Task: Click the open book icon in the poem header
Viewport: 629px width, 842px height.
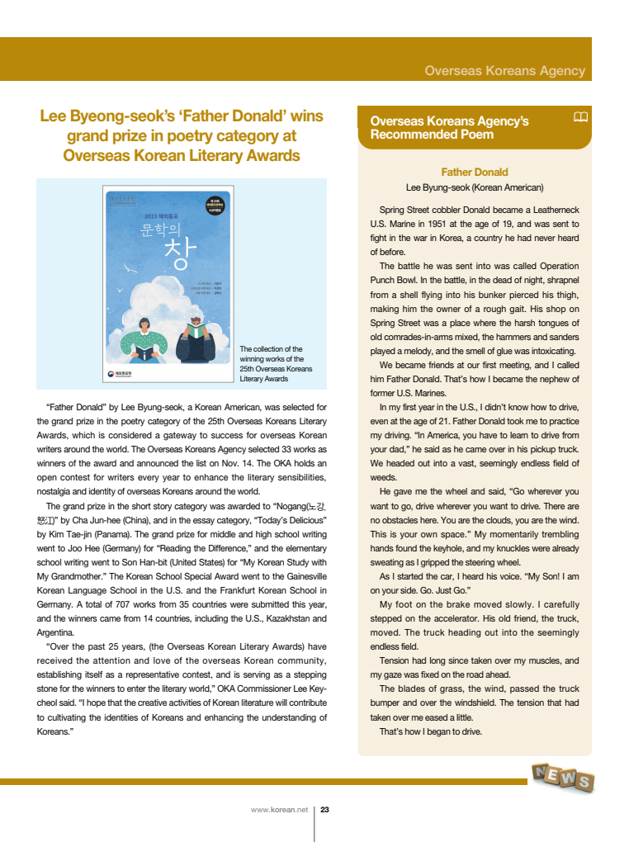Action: point(580,117)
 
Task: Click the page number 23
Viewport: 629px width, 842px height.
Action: point(324,810)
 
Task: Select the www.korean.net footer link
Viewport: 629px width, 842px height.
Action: point(279,810)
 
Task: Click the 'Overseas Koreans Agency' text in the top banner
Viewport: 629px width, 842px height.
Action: point(504,71)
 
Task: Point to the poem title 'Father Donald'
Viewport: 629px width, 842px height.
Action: point(474,172)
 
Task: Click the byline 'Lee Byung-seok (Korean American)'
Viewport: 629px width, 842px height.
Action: point(474,187)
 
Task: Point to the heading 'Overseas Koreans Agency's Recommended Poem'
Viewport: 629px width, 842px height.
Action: point(450,128)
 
